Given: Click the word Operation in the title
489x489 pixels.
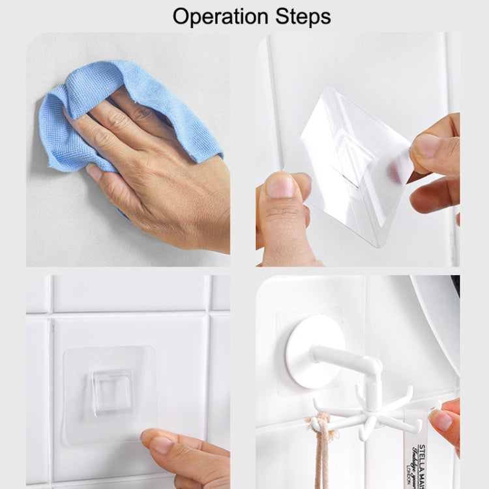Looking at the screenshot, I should [x=222, y=16].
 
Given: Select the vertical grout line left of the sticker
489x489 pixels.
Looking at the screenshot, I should [x=50, y=391].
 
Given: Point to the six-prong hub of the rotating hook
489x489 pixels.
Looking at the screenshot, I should [x=371, y=411].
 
